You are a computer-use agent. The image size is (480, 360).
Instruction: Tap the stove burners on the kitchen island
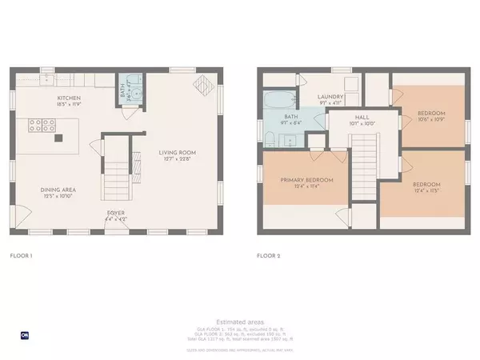click(x=41, y=126)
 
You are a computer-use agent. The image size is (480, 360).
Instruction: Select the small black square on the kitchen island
click(x=58, y=138)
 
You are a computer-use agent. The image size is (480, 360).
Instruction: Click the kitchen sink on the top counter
click(x=50, y=78)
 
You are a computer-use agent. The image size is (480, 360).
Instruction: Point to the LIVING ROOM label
click(x=177, y=152)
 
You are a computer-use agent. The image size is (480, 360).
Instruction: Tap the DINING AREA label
click(x=57, y=190)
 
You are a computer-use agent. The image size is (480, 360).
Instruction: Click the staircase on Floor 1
click(x=118, y=164)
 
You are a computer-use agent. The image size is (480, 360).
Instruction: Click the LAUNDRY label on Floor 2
click(x=330, y=95)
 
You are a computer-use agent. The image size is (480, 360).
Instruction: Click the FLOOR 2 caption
click(x=268, y=257)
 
